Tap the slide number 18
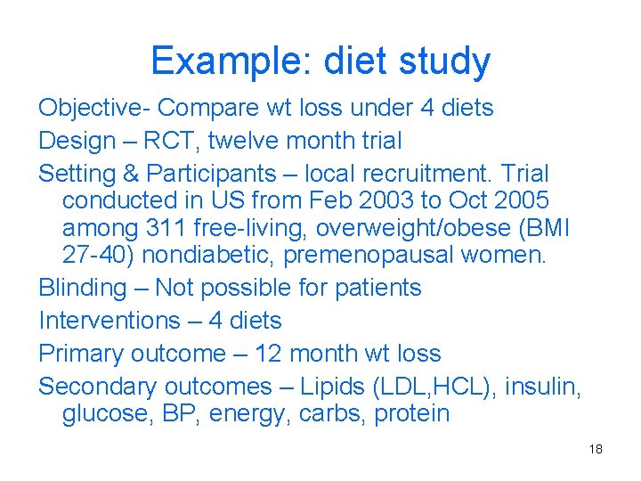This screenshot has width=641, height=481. [596, 449]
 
